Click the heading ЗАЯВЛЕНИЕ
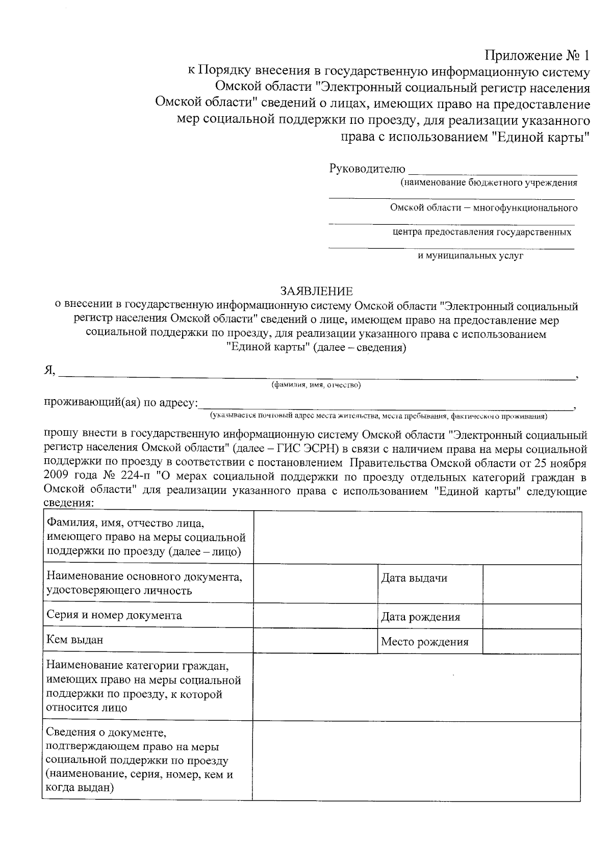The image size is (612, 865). click(316, 292)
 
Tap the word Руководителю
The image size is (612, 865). click(367, 169)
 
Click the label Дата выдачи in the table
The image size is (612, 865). click(414, 578)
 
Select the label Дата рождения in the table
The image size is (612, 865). click(420, 617)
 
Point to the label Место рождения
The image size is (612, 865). click(424, 642)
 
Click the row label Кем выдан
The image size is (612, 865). click(74, 639)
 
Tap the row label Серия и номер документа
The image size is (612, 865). click(114, 615)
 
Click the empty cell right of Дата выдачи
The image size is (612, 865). click(531, 584)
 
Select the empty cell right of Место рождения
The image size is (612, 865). click(531, 641)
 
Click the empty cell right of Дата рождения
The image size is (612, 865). click(531, 616)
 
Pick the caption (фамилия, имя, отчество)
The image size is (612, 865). click(316, 385)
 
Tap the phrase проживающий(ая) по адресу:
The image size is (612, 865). click(121, 403)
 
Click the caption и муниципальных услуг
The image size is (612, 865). click(470, 256)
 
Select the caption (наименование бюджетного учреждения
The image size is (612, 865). click(489, 182)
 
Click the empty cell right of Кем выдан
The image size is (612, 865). click(315, 640)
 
